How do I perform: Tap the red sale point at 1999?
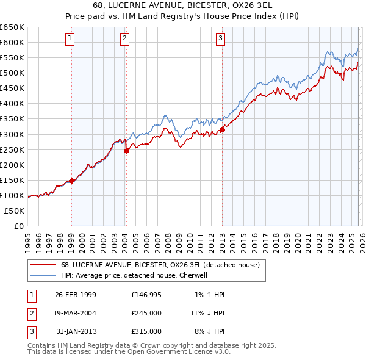point(71,180)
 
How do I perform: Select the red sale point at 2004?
point(126,151)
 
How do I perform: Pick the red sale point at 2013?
point(222,129)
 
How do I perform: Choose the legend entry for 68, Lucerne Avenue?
point(160,265)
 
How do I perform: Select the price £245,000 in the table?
point(146,313)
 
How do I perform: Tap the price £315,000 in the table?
point(146,331)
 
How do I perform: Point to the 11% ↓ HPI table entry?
point(207,313)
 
